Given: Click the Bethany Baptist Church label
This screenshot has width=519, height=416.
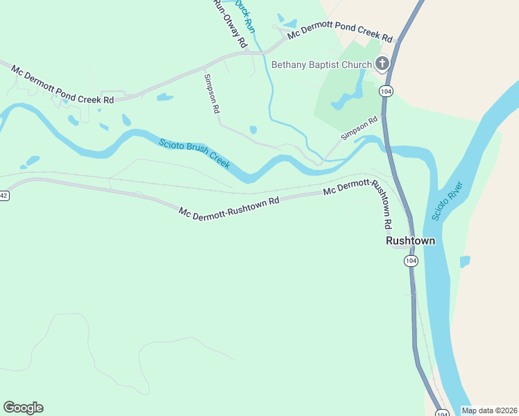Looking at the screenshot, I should click(321, 65).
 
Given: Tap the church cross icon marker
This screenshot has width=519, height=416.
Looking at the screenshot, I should click(382, 64).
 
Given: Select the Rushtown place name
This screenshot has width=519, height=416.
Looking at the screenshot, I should click(411, 241).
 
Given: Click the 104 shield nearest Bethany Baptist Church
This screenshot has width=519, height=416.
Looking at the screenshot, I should click(386, 91).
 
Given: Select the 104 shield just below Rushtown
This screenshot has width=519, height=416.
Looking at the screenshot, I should click(411, 261).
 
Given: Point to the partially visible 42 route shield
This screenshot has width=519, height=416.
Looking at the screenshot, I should click(3, 196).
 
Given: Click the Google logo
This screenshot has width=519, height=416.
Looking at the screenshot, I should click(23, 408).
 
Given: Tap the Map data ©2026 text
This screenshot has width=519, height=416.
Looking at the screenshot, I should click(490, 410).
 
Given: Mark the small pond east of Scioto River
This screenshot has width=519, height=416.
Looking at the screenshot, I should click(465, 261).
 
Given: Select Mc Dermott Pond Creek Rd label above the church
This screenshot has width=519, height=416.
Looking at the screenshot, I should click(340, 30).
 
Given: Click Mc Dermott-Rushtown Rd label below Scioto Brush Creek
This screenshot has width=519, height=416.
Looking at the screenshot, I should click(228, 206).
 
